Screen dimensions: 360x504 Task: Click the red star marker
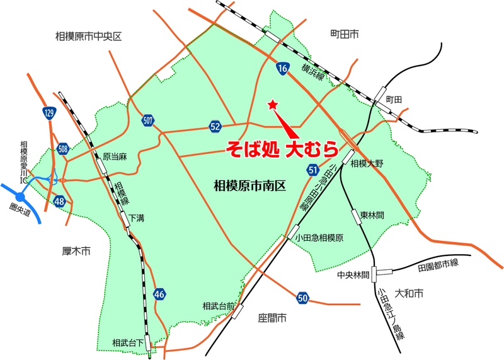[x=273, y=104]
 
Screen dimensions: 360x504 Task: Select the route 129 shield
[x=49, y=113]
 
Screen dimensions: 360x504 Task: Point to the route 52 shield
[x=215, y=127]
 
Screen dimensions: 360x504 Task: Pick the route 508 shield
[x=62, y=149]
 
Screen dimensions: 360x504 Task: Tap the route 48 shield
[x=60, y=201]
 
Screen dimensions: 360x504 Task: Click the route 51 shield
[x=313, y=170]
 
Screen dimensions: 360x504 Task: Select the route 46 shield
[x=159, y=294]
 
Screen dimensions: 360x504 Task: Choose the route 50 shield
[x=303, y=298]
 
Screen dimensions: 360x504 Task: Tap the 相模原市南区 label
[x=250, y=185]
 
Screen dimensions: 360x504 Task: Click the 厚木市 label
[x=77, y=251]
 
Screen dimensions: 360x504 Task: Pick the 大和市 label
[x=408, y=294]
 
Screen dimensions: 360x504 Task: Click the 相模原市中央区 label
[x=88, y=37]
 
